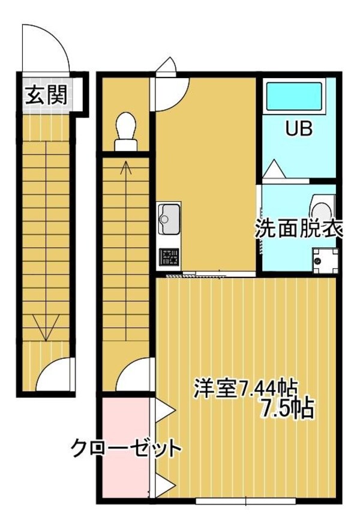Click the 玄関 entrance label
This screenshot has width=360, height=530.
coord(46,95)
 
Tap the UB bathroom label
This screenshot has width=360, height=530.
coord(298,129)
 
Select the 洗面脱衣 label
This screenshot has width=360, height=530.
coord(298,229)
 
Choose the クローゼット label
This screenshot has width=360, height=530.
coord(125,448)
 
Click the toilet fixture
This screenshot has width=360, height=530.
coord(125,131)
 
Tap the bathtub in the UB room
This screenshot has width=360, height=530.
coord(295,98)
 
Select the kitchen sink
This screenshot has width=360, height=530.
coord(168,219)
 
